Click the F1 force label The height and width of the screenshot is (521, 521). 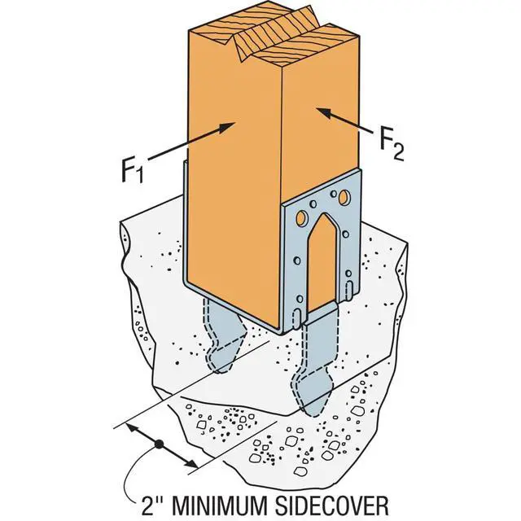pos(133,171)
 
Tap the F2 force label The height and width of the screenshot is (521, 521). pos(392,144)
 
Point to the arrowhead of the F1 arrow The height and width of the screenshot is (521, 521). pos(228,127)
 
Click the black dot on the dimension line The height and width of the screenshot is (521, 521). pos(160,444)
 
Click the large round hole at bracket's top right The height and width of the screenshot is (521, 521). pos(344,198)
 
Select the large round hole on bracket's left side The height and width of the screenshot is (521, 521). pos(301,218)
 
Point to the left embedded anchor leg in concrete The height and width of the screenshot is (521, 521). pos(223,335)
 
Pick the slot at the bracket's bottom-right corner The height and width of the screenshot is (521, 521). pos(350,288)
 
